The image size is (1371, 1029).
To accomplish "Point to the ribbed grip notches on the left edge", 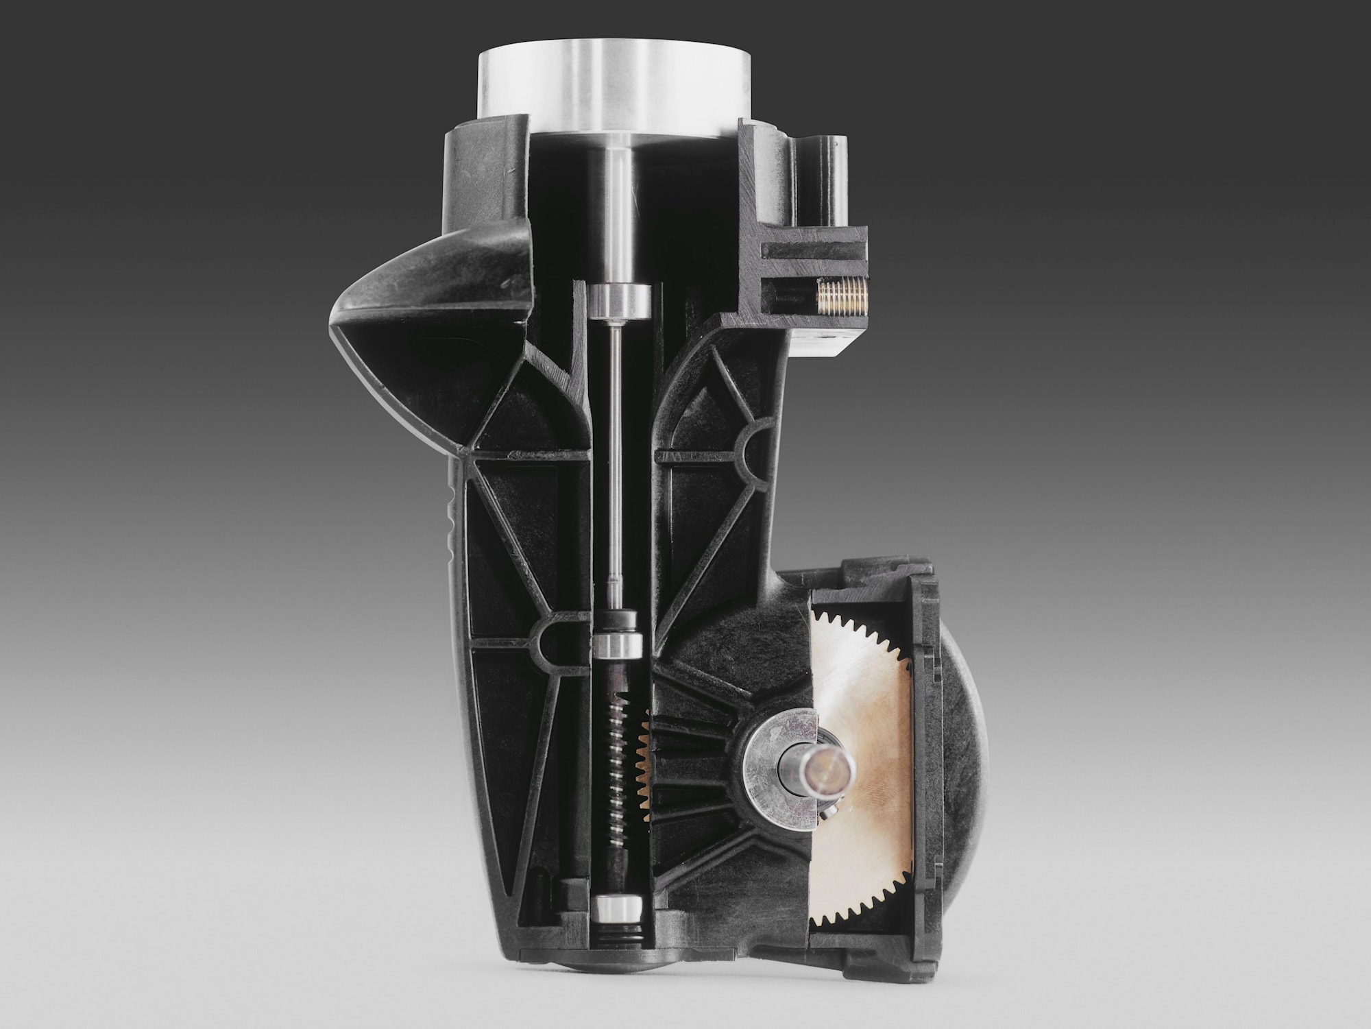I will [x=449, y=521].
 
